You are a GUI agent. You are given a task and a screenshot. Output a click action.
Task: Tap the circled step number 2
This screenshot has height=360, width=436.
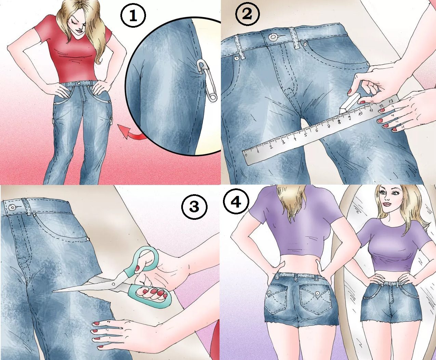[x=247, y=14]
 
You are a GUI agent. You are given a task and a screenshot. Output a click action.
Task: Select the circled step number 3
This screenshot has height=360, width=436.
[x=194, y=207]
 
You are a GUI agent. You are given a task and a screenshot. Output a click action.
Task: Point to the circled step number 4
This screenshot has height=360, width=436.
[x=236, y=202]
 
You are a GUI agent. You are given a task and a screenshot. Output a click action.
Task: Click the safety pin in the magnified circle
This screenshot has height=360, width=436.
[x=208, y=80]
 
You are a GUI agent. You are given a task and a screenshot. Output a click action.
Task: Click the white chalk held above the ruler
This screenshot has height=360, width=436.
[x=348, y=104]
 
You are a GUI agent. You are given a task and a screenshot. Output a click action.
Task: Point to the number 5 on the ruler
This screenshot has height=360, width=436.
[x=306, y=134]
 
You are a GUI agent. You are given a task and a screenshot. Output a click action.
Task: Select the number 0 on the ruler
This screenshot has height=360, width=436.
[x=246, y=155]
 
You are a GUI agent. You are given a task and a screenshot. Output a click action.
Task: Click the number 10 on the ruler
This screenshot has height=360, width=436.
[x=360, y=114]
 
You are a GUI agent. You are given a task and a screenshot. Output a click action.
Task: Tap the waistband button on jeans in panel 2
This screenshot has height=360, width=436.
[x=273, y=37]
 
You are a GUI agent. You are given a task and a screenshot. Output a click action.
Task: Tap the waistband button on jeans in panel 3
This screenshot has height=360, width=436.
[x=13, y=208]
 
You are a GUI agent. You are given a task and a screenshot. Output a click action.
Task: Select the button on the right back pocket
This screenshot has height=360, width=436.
[x=317, y=293]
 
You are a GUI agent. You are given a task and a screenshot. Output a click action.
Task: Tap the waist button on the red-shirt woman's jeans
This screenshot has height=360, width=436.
[x=79, y=83]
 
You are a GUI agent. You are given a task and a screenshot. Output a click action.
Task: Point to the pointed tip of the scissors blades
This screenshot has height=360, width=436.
[x=52, y=291]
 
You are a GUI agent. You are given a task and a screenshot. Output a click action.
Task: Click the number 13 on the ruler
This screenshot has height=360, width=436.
[x=391, y=101]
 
